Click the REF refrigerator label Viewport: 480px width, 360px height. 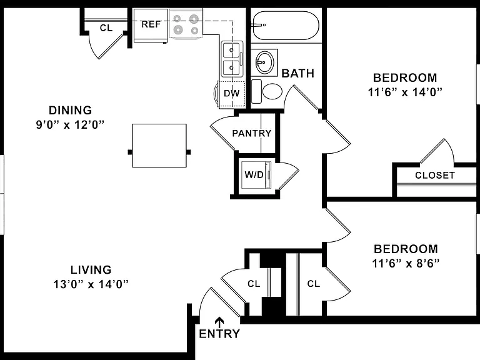(x=151, y=24)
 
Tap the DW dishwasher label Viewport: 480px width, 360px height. (x=231, y=93)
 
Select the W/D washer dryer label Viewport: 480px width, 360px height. (x=254, y=175)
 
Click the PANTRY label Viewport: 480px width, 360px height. (x=252, y=133)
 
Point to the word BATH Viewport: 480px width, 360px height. (x=298, y=74)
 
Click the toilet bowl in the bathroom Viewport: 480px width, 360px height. (x=272, y=91)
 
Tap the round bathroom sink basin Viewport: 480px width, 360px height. (x=264, y=62)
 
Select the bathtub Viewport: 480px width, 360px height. (x=286, y=26)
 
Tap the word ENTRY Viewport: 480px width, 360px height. (x=219, y=334)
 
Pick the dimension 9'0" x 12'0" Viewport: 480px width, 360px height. (x=70, y=124)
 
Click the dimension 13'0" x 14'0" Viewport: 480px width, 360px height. (x=91, y=284)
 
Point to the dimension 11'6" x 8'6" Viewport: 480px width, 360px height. (x=406, y=263)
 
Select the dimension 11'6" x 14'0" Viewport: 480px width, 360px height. (x=405, y=92)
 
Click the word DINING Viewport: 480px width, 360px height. (x=71, y=110)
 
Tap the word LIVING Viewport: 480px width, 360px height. (x=91, y=270)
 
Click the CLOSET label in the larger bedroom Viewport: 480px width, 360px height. (x=435, y=176)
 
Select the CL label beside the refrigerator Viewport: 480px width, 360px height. (x=106, y=28)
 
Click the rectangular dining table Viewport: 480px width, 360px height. (x=159, y=146)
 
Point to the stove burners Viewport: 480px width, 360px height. (x=186, y=24)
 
